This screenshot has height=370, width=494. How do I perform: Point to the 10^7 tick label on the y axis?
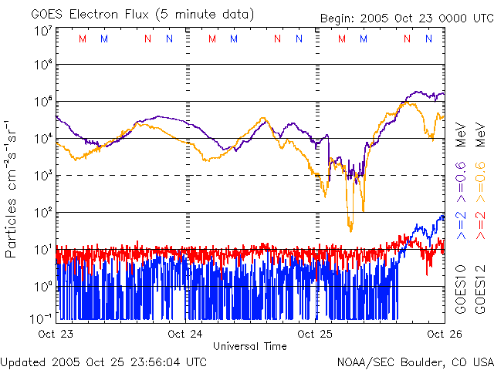[42, 31]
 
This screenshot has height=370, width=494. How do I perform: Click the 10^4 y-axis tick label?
[42, 138]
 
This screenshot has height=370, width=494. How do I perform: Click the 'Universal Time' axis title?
[249, 346]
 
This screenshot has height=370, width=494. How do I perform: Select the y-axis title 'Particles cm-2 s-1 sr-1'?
[13, 188]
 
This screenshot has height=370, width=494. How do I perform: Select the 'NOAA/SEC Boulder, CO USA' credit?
[414, 361]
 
